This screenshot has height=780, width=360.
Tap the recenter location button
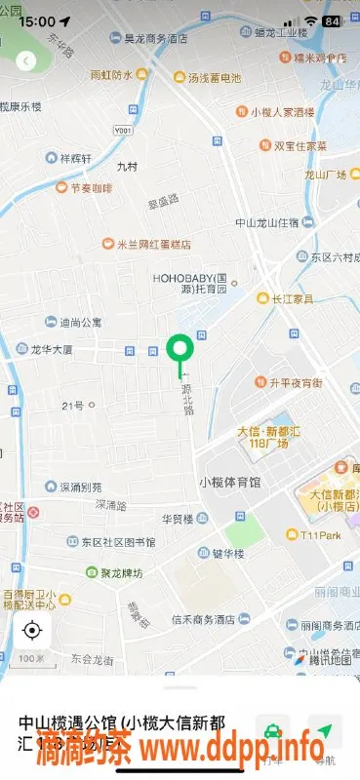(32, 630)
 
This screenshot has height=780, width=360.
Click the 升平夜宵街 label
(295, 382)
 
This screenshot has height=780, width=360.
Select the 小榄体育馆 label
(229, 482)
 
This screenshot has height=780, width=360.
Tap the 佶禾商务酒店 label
(211, 619)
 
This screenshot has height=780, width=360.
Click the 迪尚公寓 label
(80, 322)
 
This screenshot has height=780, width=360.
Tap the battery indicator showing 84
(332, 20)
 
